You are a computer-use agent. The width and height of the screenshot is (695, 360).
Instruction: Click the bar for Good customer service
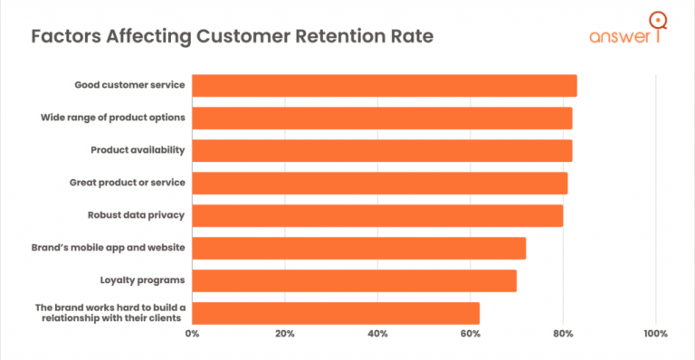click(385, 86)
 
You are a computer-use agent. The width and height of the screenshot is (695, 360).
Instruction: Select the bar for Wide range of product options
click(382, 118)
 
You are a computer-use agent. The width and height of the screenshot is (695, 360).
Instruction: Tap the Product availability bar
click(382, 150)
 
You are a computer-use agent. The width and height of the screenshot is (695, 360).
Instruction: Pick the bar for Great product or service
click(380, 183)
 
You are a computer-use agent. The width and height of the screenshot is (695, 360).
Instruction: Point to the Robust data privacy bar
click(377, 215)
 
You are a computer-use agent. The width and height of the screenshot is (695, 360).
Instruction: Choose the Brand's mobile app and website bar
click(359, 248)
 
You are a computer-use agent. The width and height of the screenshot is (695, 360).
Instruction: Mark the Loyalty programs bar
click(355, 280)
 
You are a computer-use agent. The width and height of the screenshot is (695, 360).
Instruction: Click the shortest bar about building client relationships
click(336, 313)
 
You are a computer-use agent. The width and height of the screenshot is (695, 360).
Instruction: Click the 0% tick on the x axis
click(192, 334)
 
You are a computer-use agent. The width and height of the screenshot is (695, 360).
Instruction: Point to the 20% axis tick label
click(284, 334)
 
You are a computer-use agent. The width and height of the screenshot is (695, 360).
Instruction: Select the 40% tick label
click(377, 334)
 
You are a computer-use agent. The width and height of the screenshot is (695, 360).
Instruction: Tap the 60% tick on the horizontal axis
click(470, 334)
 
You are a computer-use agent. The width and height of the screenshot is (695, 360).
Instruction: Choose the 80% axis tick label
click(563, 334)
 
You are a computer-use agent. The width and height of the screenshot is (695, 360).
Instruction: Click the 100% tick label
click(655, 334)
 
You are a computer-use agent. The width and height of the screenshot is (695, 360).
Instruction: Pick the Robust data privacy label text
click(137, 215)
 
